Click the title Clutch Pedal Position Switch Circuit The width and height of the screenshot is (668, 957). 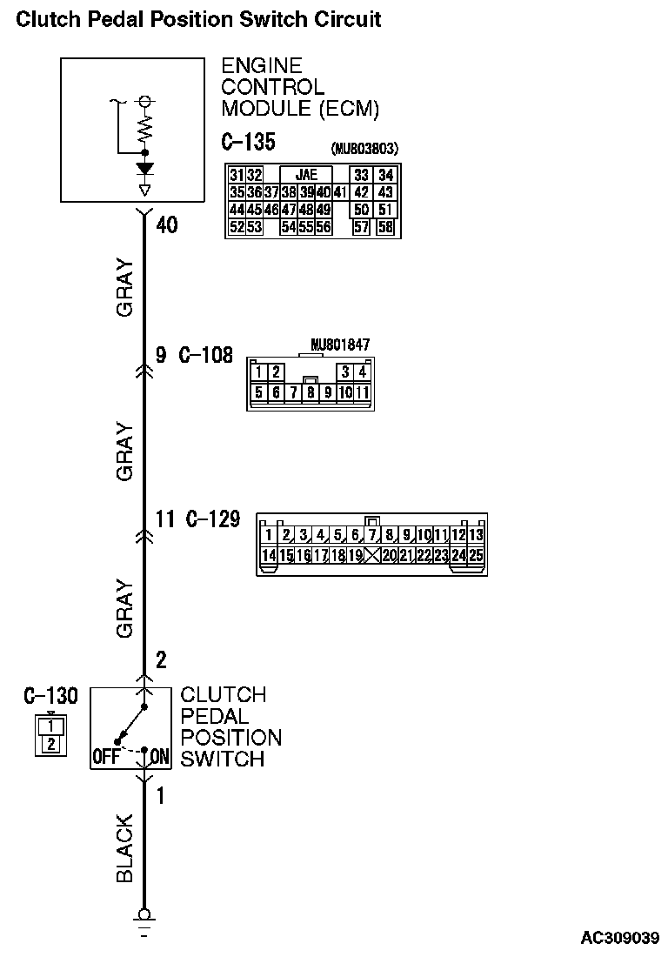[x=198, y=19]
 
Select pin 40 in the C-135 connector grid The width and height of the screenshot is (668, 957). [x=323, y=192]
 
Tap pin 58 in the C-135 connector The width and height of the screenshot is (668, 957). [x=385, y=227]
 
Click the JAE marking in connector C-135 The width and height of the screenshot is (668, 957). [x=306, y=175]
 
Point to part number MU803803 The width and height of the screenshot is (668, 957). [x=364, y=148]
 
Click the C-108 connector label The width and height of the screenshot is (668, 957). [x=206, y=355]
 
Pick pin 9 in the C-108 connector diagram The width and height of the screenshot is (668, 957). [x=328, y=392]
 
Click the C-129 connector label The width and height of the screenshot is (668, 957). [x=213, y=520]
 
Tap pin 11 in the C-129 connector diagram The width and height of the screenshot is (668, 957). [x=441, y=535]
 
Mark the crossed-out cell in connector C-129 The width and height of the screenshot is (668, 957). [x=373, y=555]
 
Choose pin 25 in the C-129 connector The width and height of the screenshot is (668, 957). [x=475, y=555]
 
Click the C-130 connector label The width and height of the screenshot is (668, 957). [x=50, y=696]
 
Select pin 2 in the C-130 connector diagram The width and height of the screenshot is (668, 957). [x=51, y=743]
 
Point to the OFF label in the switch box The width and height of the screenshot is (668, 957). [x=105, y=757]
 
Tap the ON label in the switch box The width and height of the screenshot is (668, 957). [x=159, y=757]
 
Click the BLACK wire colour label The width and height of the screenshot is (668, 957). [x=124, y=848]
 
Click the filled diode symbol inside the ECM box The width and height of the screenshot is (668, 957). [x=144, y=168]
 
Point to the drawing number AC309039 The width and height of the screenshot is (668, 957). [x=620, y=939]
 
